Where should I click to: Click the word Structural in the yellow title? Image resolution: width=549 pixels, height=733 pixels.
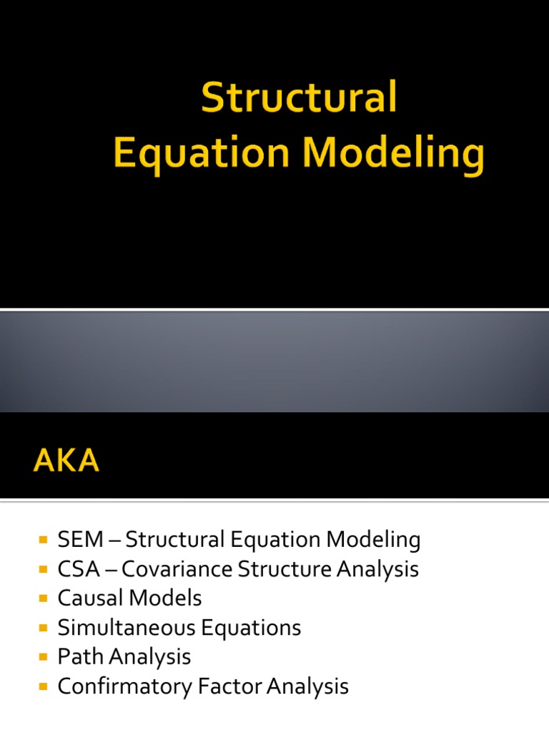pyautogui.click(x=299, y=98)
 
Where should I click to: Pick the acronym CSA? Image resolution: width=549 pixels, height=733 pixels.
pyautogui.click(x=74, y=569)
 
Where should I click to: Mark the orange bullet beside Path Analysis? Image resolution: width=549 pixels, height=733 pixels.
pyautogui.click(x=43, y=657)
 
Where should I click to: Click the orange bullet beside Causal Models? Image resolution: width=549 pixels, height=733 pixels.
pyautogui.click(x=43, y=598)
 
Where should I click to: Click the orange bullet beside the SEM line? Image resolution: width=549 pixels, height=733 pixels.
pyautogui.click(x=43, y=540)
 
